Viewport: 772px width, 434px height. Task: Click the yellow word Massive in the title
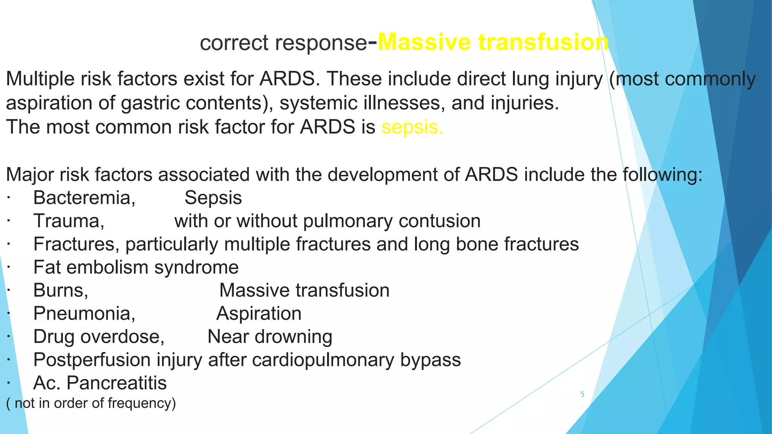coord(424,42)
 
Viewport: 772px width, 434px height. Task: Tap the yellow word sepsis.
coord(412,127)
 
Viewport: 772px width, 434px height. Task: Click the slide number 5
coord(582,394)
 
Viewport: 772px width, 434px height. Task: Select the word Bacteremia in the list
coord(84,198)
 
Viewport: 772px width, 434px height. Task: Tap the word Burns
coord(60,290)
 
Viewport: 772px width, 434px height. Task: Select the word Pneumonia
coord(84,313)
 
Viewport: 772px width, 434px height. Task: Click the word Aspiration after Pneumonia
coord(259,313)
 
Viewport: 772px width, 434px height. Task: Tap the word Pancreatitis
coord(116,383)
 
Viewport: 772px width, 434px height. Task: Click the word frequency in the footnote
coord(141,403)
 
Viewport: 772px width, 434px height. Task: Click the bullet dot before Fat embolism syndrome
coord(8,267)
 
